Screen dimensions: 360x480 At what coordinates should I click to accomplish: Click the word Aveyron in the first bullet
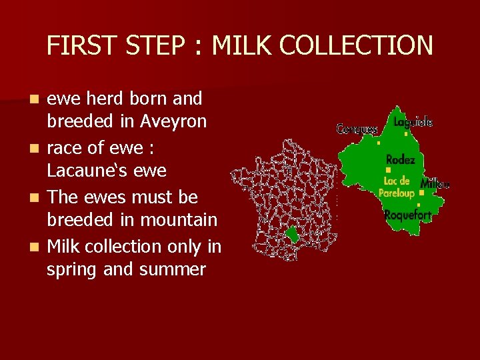pos(173,122)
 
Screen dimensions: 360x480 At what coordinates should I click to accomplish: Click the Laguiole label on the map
pos(413,122)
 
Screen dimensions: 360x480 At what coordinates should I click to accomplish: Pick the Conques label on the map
pos(357,129)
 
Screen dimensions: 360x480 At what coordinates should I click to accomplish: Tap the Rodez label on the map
pos(400,160)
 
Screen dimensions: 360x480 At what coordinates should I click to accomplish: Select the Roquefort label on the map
pos(407,215)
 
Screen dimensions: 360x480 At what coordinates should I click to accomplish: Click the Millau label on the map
pos(435,183)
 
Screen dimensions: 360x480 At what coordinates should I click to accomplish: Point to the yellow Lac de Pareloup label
pos(397,187)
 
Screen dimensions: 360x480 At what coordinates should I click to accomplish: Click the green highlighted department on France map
pos(291,234)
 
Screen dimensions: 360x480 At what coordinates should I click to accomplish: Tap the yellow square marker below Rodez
pos(388,171)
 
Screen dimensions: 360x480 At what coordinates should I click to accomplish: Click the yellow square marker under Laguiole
pos(406,134)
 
